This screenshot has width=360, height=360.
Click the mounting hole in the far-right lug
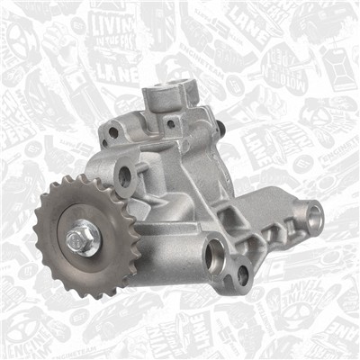[314, 215]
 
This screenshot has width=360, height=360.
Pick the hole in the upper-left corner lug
[113, 132]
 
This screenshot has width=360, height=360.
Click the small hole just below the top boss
[170, 122]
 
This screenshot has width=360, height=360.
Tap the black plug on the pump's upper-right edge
[218, 130]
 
